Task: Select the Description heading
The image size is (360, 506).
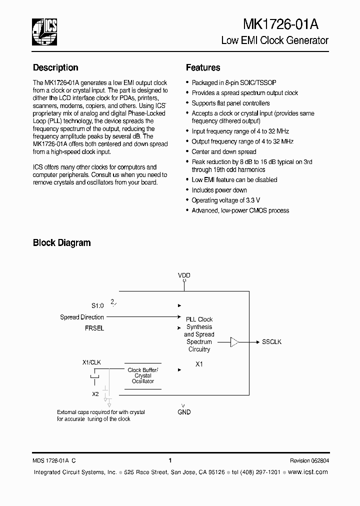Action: (x=55, y=67)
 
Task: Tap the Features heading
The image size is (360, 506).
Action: (x=203, y=67)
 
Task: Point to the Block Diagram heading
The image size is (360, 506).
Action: (x=61, y=243)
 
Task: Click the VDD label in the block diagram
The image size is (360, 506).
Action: (x=184, y=275)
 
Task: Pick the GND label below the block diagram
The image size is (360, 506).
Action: (x=184, y=412)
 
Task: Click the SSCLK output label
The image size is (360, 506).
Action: (x=272, y=342)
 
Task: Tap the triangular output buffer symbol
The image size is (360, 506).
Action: (x=234, y=342)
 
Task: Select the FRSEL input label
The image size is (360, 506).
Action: (x=94, y=328)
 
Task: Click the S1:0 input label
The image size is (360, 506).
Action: (x=97, y=305)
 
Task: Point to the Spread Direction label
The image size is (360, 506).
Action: (x=82, y=317)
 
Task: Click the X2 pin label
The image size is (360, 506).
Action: (x=95, y=394)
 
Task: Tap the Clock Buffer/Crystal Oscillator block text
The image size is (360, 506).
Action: (x=143, y=375)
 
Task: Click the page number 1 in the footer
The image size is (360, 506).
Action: (x=170, y=460)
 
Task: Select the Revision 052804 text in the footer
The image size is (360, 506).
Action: (x=309, y=460)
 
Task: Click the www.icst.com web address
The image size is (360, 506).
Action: (x=308, y=472)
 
